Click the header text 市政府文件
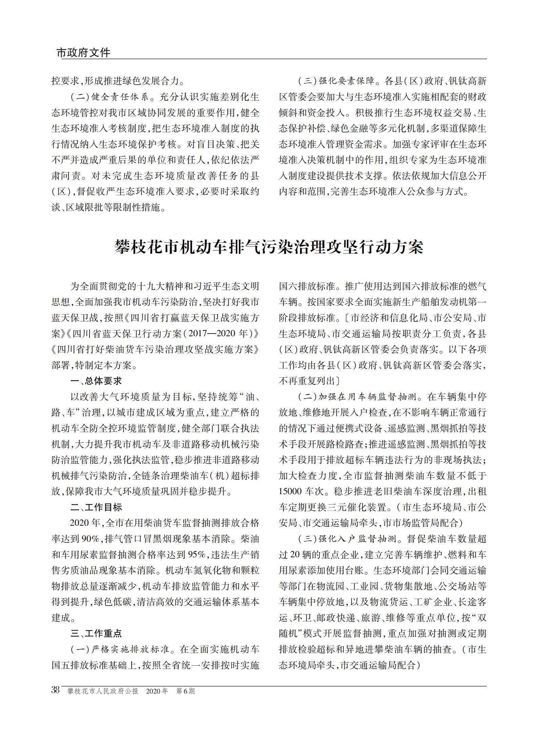[83, 53]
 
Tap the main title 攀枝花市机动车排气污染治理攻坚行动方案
[269, 247]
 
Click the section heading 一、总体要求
[96, 381]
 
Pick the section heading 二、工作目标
[96, 507]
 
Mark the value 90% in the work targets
[89, 539]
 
